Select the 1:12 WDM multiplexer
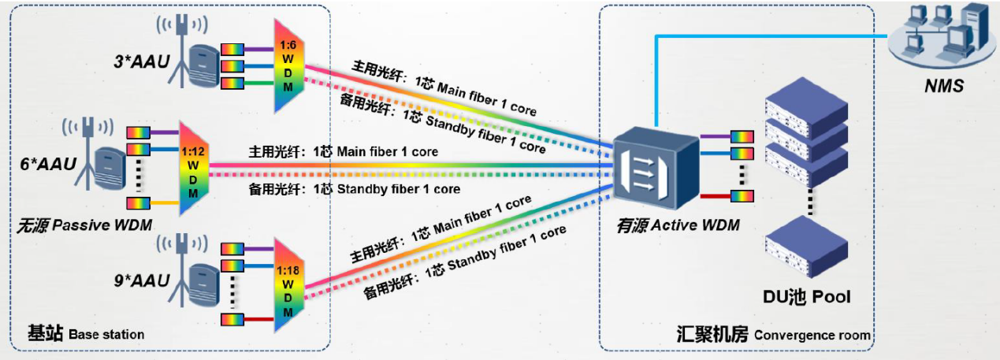coord(193,168)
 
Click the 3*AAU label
coord(142,59)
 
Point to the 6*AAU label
coord(48,164)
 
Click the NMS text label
coord(944,87)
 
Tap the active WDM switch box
coord(655,166)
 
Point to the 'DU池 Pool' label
coord(806,297)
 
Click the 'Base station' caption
coord(86,334)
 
